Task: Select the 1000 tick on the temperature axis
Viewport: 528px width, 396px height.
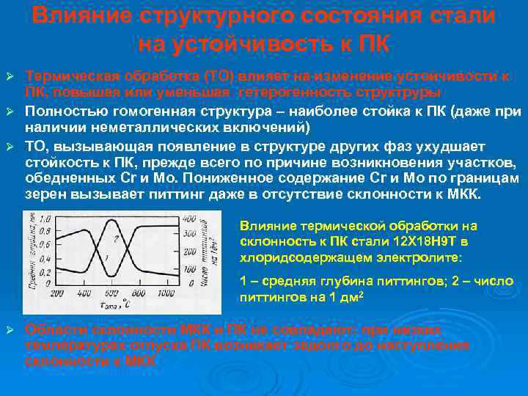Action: pyautogui.click(x=166, y=292)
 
